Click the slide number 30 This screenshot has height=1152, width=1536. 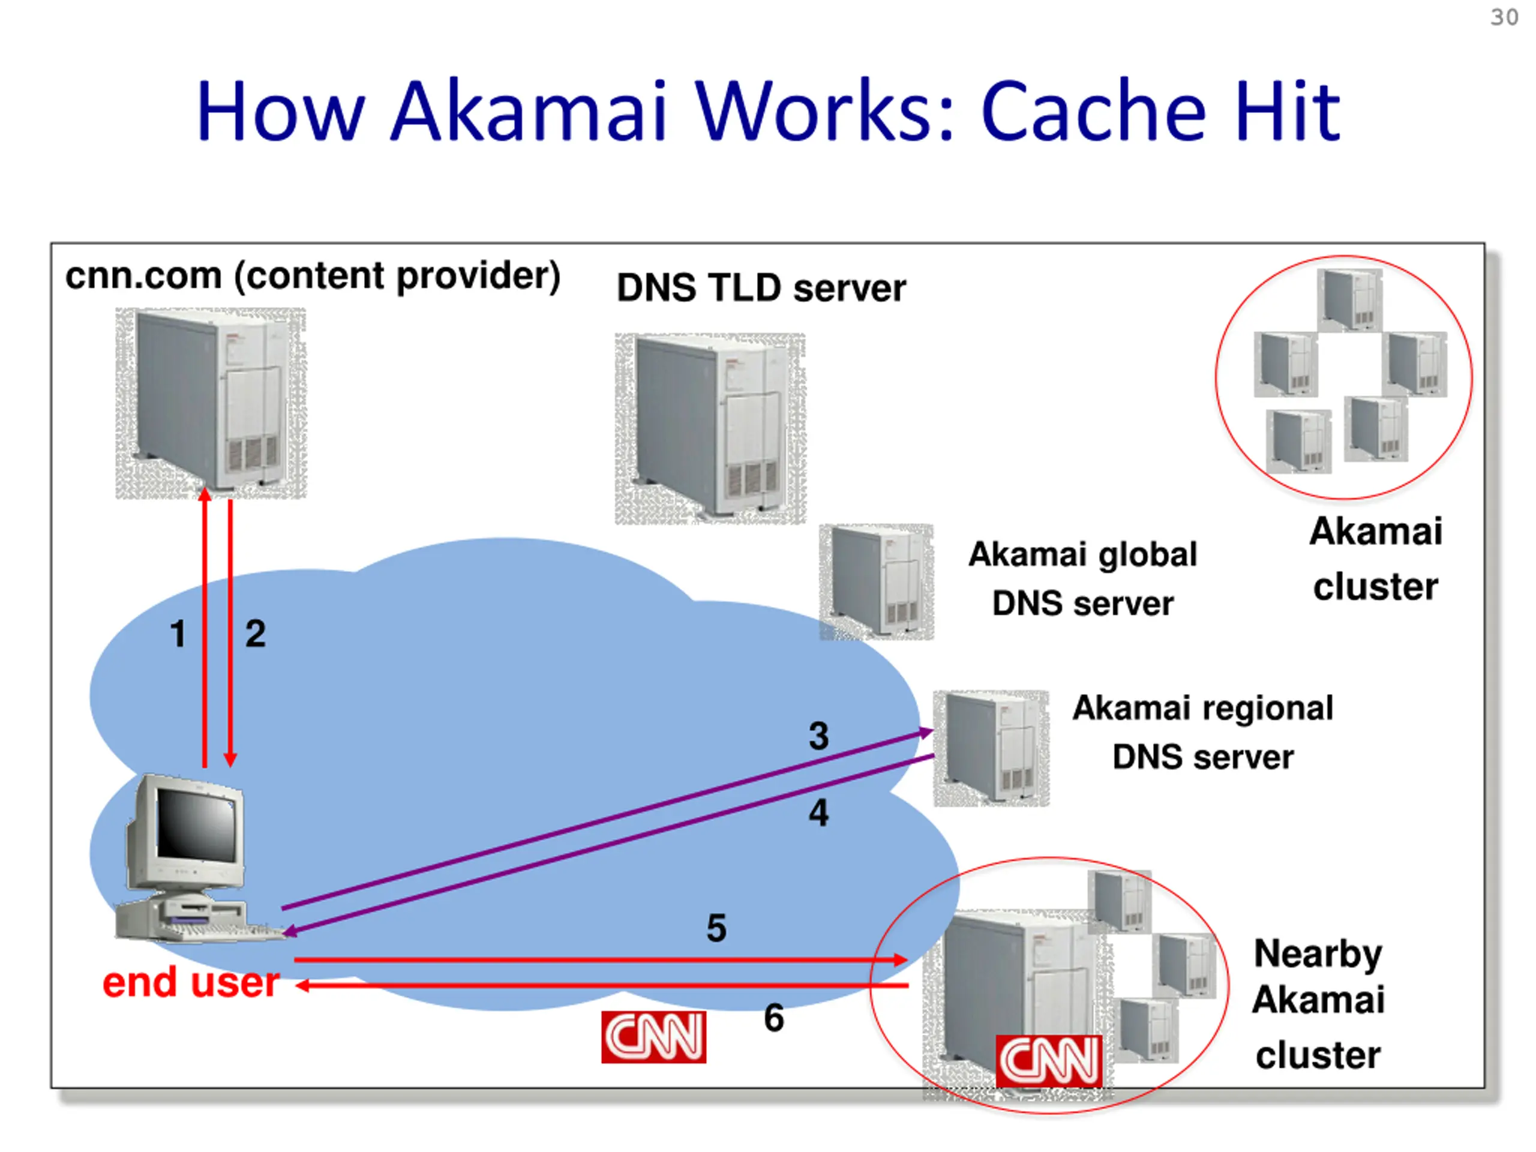pos(1504,17)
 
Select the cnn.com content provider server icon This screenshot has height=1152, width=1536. pos(211,403)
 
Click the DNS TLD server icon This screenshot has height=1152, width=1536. pos(710,428)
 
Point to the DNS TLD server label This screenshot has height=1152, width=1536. pos(761,288)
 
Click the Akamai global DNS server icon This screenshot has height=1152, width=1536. pos(877,581)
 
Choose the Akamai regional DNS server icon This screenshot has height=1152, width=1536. pos(991,748)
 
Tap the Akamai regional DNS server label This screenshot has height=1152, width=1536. pos(1202,733)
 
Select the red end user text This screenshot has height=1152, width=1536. pos(191,983)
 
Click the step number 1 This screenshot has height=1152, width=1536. pos(178,634)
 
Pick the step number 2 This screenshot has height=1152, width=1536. pos(256,634)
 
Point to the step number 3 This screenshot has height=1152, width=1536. pos(818,736)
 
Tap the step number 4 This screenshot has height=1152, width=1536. pos(818,812)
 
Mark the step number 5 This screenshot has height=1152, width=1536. pos(716,928)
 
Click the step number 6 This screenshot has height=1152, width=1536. pos(773,1019)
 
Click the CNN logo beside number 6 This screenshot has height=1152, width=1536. pos(653,1037)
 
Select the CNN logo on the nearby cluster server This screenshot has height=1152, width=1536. pos(1049,1060)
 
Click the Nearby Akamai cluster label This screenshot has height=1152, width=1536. pos(1318,1003)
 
